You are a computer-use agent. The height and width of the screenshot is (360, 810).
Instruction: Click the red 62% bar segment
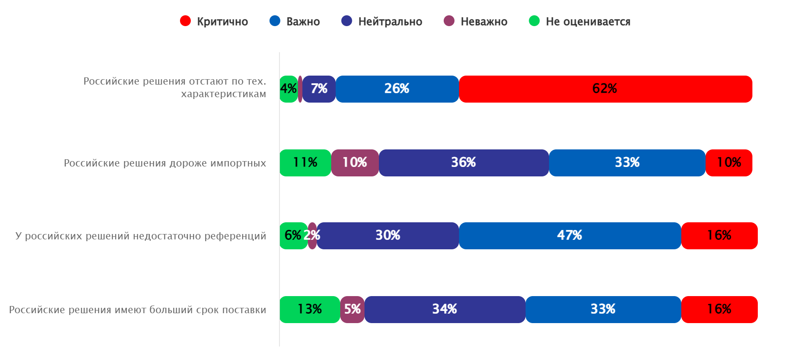[605, 89]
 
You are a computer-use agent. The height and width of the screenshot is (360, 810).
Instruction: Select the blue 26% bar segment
[397, 89]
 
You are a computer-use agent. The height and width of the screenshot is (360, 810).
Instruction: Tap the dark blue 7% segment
[319, 89]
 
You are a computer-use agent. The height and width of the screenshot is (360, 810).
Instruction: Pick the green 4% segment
[288, 89]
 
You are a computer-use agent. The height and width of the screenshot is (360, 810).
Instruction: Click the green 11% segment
[305, 163]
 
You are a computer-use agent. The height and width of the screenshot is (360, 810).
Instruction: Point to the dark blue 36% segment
[463, 163]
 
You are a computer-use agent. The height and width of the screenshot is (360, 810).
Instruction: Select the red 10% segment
[729, 163]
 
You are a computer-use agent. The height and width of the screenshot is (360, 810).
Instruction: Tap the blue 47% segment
[570, 236]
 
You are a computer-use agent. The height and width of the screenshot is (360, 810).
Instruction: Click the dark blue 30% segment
[387, 236]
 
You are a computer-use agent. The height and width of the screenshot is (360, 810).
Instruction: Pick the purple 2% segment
[312, 236]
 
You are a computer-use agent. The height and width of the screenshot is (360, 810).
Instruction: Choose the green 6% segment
[293, 236]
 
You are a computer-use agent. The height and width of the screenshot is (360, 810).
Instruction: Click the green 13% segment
[310, 310]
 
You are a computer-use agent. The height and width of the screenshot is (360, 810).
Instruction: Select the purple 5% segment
[352, 310]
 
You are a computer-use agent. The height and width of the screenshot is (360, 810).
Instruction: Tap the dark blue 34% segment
[445, 310]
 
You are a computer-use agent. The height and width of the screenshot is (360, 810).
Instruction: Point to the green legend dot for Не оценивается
[534, 21]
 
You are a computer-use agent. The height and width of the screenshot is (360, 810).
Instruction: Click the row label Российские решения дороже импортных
[165, 163]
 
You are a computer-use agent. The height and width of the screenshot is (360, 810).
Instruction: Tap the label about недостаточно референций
[140, 236]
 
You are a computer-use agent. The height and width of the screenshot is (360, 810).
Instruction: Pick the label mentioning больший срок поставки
[138, 310]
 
